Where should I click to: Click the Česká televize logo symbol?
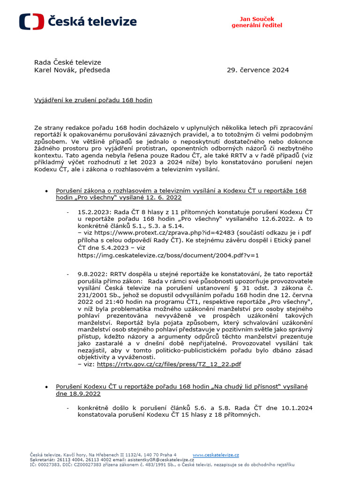31,22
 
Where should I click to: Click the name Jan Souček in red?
257,18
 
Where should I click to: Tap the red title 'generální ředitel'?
257,25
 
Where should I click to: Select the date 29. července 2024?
258,70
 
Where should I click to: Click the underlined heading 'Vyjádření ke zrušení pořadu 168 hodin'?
93,100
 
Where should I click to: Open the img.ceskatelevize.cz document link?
168,255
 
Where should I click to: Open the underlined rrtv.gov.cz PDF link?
169,364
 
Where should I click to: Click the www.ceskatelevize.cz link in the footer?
216,455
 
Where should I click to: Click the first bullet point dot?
46,192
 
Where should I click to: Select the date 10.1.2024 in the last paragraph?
297,408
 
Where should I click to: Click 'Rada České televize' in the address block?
67,62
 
